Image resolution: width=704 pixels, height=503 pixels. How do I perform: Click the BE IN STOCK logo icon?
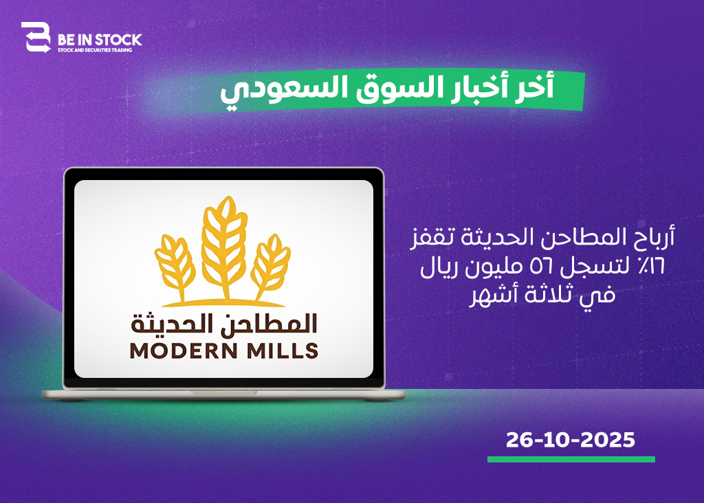point(36,37)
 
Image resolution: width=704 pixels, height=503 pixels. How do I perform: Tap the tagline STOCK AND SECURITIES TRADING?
point(95,49)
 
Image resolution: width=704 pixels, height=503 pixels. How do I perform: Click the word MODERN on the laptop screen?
point(184,351)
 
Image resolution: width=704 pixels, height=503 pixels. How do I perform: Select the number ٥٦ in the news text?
point(542,267)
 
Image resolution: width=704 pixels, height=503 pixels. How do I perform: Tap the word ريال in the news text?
point(439,268)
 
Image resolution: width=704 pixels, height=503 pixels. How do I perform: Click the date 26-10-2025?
point(570,440)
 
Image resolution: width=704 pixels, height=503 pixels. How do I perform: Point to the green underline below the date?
point(571,459)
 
